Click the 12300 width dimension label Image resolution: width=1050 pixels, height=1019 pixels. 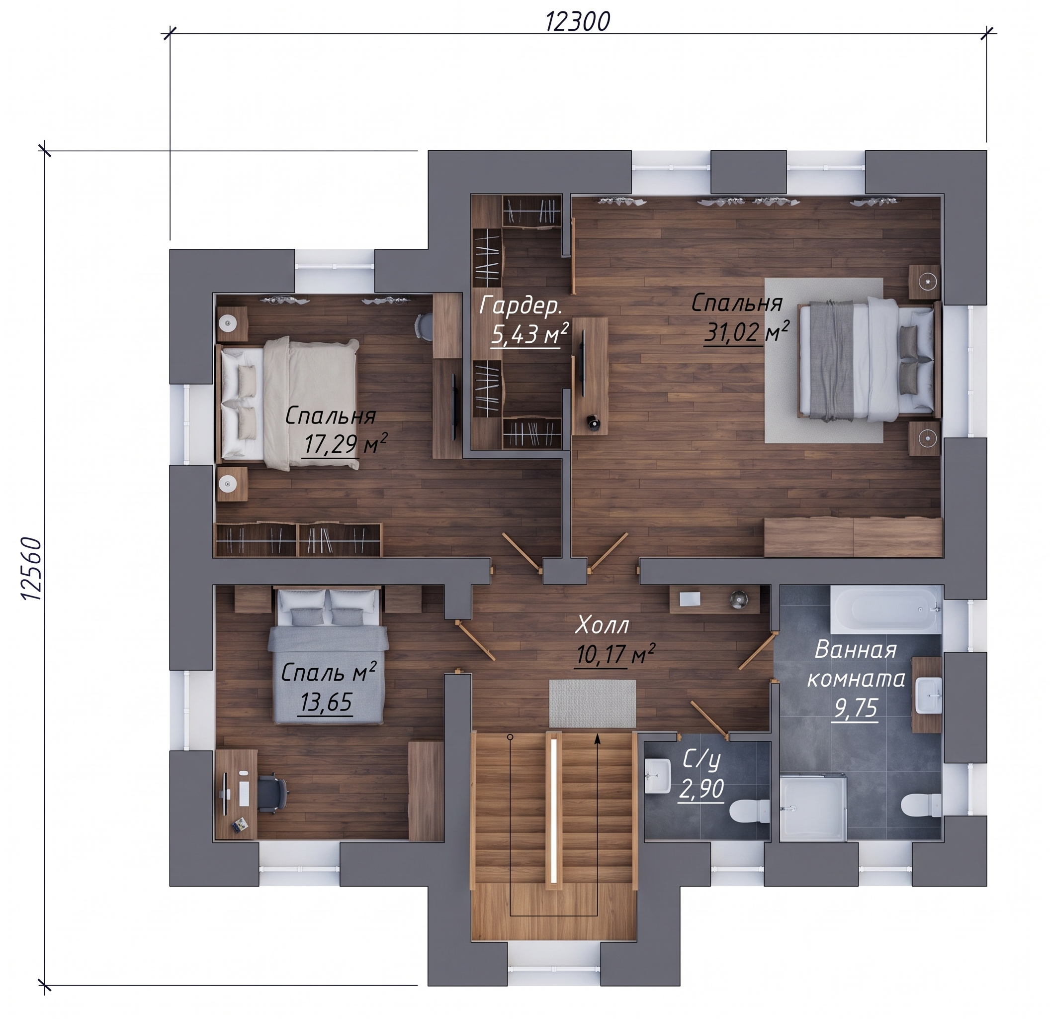[578, 22]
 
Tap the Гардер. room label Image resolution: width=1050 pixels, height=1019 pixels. [521, 306]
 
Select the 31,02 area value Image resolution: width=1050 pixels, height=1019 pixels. [731, 333]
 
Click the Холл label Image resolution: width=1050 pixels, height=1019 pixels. [602, 625]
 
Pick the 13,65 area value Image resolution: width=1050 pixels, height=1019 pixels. [326, 702]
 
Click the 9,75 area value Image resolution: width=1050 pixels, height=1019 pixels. [856, 709]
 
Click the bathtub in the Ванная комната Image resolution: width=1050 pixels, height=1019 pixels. [886, 610]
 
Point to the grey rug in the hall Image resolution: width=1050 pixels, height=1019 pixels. [593, 704]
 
